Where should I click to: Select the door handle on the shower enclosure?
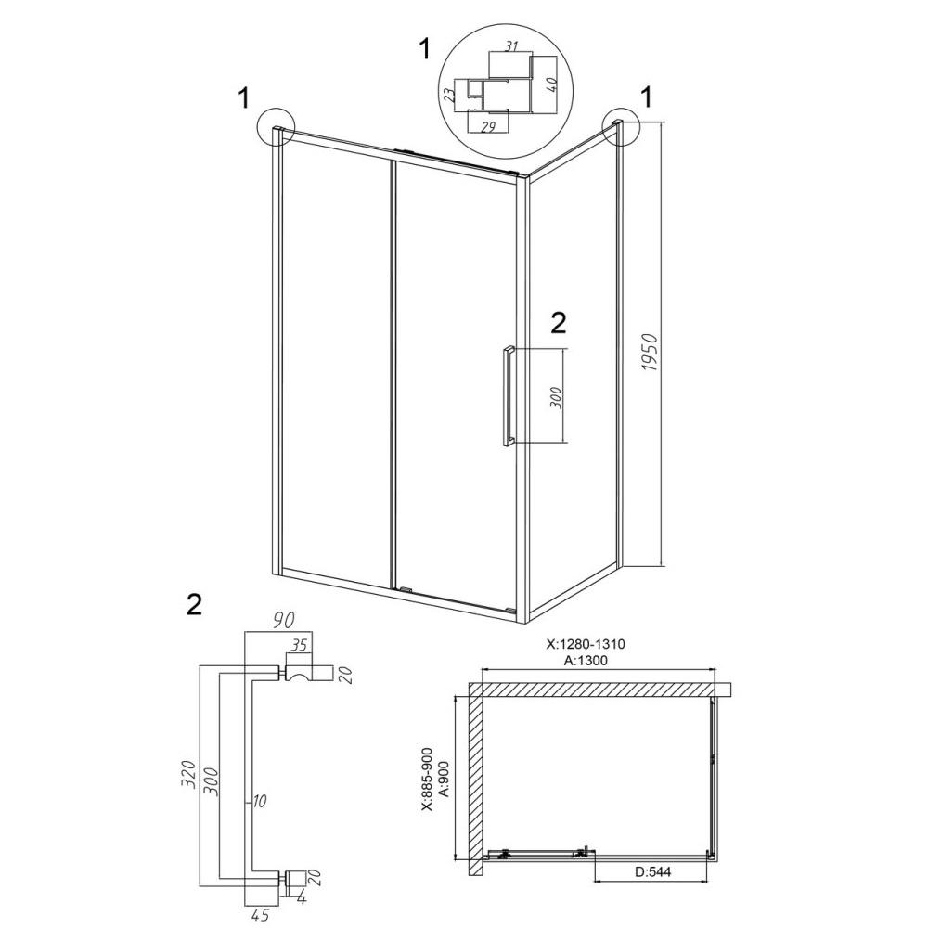coord(508,395)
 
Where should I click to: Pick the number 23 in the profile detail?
coord(450,95)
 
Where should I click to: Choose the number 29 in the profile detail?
coord(488,126)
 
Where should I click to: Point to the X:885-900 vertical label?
coord(428,780)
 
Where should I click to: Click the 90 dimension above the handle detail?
coord(283,620)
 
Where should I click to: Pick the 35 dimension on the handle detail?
coord(300,645)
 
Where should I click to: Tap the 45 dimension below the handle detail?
coord(259,915)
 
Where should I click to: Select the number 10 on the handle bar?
coord(260,802)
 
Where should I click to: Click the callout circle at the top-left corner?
coord(277,127)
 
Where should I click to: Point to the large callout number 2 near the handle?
coord(558,323)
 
